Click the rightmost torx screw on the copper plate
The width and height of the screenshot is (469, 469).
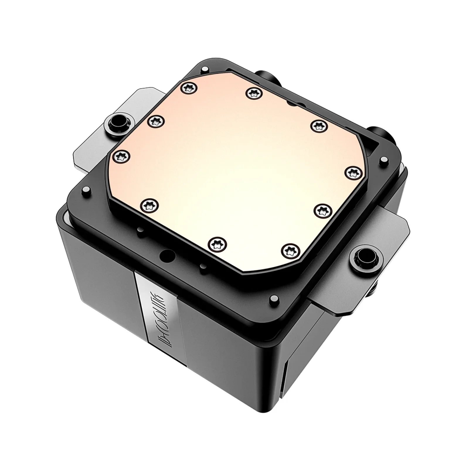tap(352, 172)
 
